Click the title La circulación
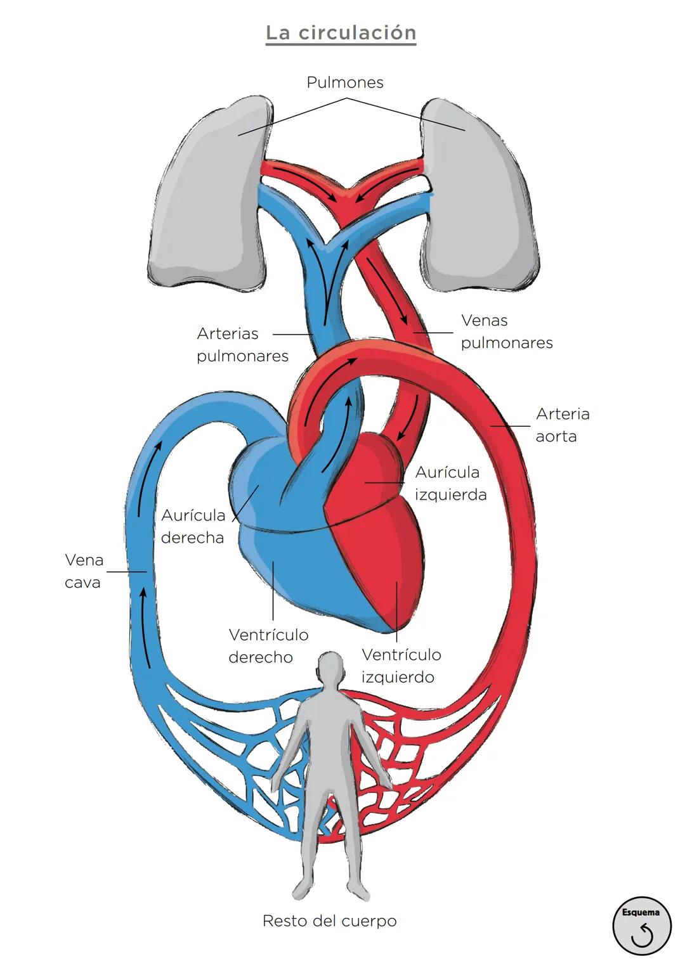(341, 33)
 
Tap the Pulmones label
(344, 82)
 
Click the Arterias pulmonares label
(242, 344)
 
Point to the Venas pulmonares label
(506, 332)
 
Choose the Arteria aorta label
(562, 425)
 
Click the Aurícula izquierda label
(450, 483)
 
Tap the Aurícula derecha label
(193, 526)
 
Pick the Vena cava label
(84, 571)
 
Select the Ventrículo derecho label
(268, 645)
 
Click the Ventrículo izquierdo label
(401, 666)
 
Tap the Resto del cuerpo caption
(329, 920)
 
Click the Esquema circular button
(641, 926)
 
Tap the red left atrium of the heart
(368, 469)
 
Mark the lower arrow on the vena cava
(145, 628)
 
